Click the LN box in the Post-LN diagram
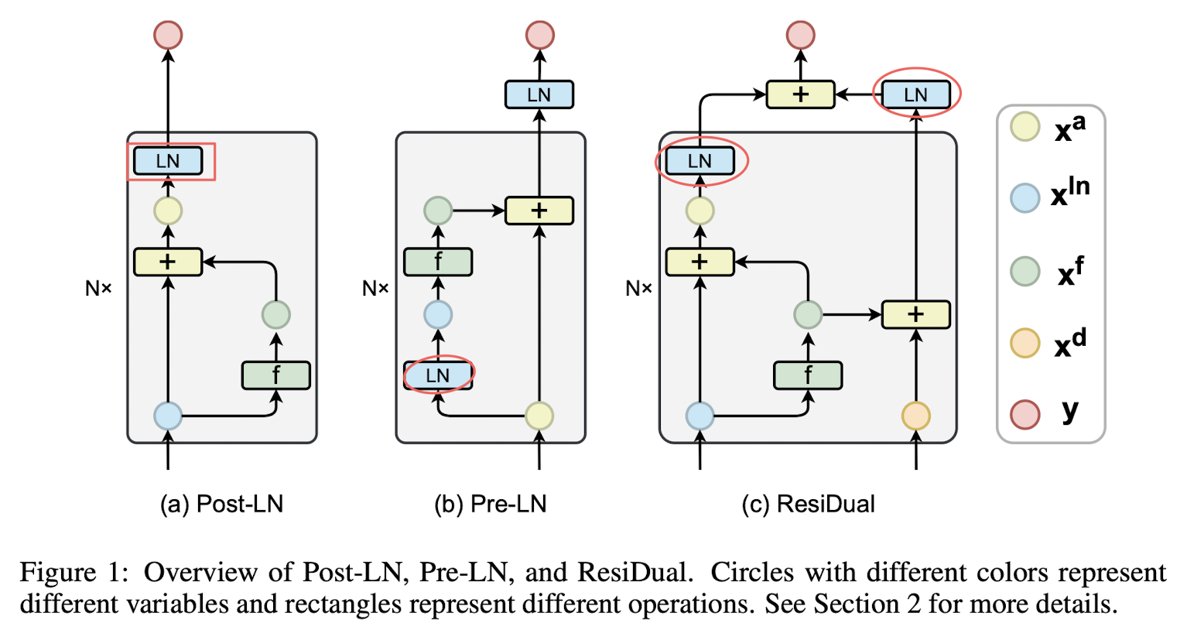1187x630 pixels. coord(168,160)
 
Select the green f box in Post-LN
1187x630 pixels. coord(276,375)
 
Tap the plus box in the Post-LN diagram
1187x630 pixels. coord(168,262)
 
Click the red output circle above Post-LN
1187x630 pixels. coord(168,35)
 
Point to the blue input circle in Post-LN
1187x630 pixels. coord(168,416)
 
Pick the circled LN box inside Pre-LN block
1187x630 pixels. coord(438,375)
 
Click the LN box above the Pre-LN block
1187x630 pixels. coord(539,94)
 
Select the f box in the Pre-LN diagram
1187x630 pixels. coord(438,262)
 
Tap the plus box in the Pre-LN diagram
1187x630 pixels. coord(539,211)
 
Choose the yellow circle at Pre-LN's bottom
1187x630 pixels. coord(539,416)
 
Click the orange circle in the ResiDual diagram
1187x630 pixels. coord(915,416)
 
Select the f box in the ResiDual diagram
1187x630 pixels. coord(808,375)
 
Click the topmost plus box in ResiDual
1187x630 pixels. coord(800,94)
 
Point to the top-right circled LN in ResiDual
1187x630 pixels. coord(915,94)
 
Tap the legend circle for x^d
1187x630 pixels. coord(1025,343)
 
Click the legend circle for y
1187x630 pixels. coord(1025,414)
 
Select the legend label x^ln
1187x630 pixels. coord(1070,192)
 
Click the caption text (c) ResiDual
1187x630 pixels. coord(808,503)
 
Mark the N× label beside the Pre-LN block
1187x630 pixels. coord(375,288)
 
